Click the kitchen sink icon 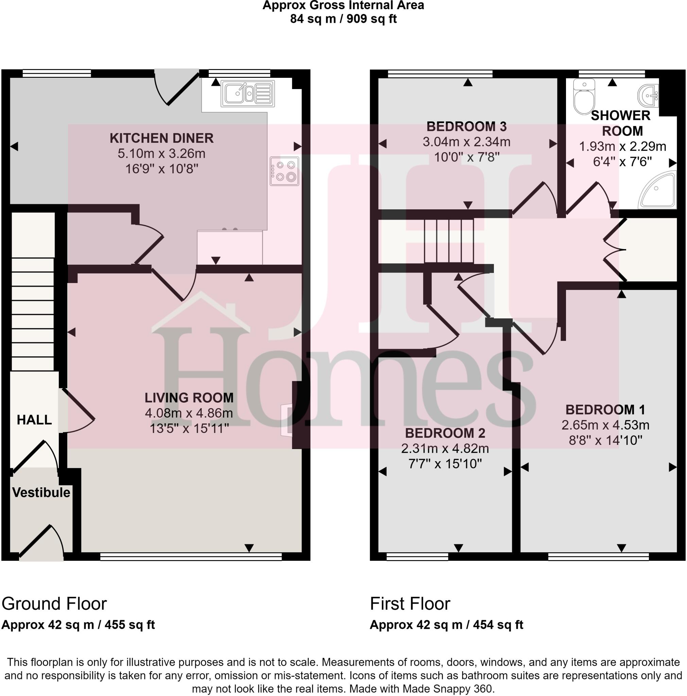pyautogui.click(x=248, y=94)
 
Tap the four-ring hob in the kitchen pyautogui.click(x=284, y=171)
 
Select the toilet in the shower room pyautogui.click(x=584, y=97)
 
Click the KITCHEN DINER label pyautogui.click(x=161, y=138)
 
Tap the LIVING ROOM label pyautogui.click(x=189, y=398)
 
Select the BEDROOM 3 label pyautogui.click(x=466, y=126)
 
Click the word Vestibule pyautogui.click(x=41, y=492)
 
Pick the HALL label pyautogui.click(x=34, y=420)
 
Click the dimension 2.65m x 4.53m pyautogui.click(x=605, y=425)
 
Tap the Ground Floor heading pyautogui.click(x=54, y=604)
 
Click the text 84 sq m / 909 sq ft pyautogui.click(x=343, y=19)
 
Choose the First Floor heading pyautogui.click(x=410, y=604)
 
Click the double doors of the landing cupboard pyautogui.click(x=615, y=249)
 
